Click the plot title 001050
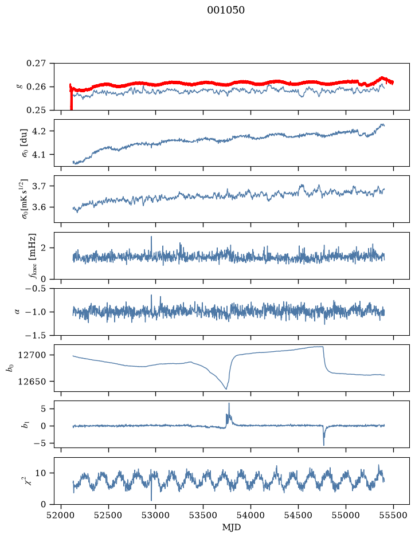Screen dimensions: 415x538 225,10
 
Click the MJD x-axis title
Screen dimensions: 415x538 232,527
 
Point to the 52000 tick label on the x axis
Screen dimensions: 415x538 61,515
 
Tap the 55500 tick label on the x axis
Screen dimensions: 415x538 393,515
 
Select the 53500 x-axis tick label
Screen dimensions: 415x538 203,515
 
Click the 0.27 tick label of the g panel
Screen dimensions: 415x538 36,64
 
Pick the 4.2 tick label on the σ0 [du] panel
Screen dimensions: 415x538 39,131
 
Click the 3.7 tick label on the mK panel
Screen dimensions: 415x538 39,186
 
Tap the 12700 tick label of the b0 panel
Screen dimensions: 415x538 32,355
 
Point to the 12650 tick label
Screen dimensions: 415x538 32,381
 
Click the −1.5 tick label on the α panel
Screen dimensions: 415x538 36,335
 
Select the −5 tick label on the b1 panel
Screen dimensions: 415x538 39,443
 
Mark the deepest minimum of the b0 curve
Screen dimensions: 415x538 226,389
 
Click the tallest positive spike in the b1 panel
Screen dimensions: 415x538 229,403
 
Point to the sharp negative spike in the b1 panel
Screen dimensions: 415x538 324,445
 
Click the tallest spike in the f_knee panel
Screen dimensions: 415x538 151,237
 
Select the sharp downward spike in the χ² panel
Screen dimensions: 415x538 151,500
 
